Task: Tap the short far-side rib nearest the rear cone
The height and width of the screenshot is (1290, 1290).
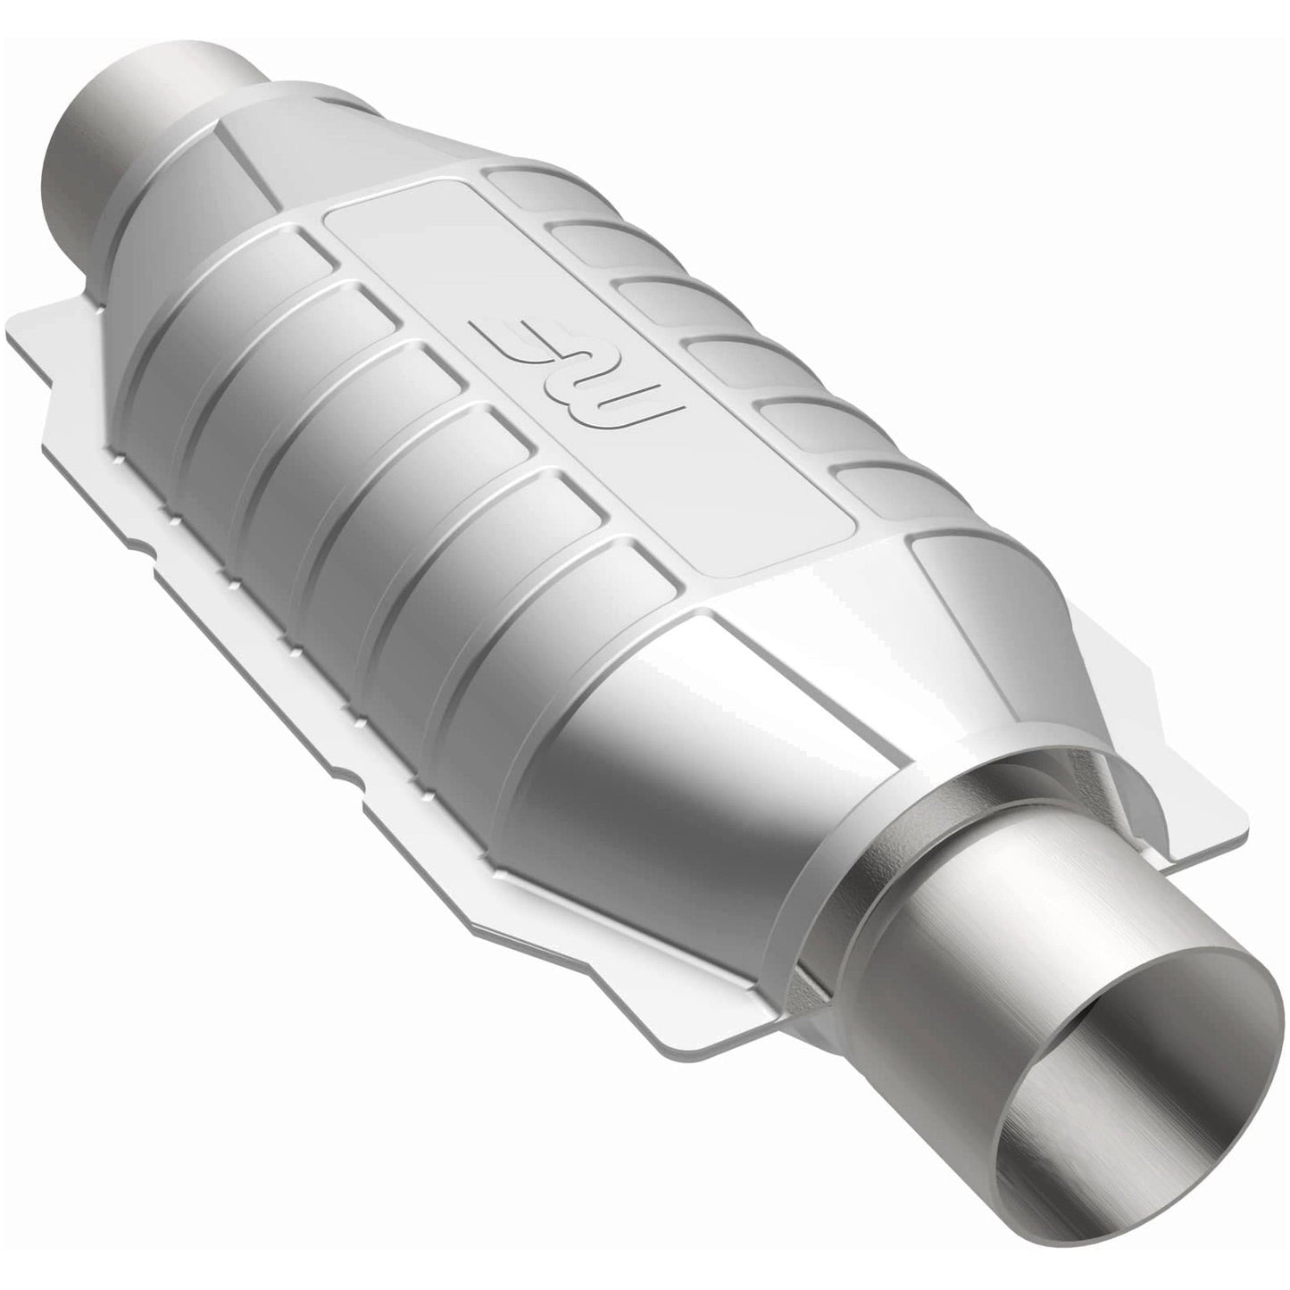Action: (527, 192)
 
